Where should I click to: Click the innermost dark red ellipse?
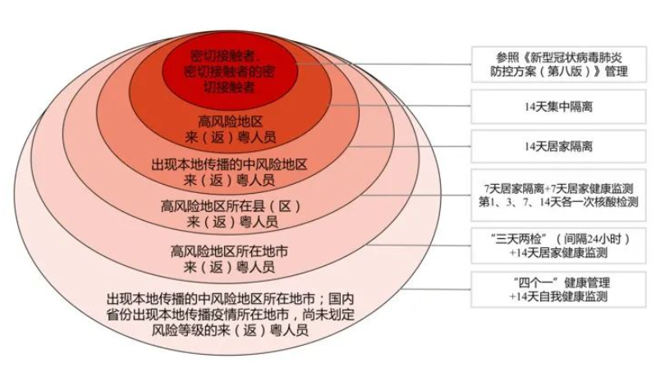tap(230, 71)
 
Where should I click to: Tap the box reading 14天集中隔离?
tap(558, 107)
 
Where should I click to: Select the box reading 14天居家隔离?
tap(558, 146)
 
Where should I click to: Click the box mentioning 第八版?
tap(558, 64)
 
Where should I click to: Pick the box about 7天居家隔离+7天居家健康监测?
tap(558, 195)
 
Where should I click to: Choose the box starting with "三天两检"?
tap(558, 246)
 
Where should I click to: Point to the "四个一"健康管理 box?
tap(558, 290)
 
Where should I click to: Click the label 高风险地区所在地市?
tap(229, 251)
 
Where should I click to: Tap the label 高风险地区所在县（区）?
tap(232, 206)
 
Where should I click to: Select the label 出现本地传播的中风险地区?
tap(229, 164)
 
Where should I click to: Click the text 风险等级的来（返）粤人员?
tap(230, 330)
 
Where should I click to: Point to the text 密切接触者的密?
tap(230, 71)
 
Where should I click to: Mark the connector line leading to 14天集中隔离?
tap(400, 106)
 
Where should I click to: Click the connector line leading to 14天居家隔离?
tap(410, 146)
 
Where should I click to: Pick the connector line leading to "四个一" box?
tap(437, 290)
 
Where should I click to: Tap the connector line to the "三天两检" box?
tap(419, 246)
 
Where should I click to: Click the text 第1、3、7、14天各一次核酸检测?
tap(558, 202)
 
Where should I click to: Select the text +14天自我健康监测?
tap(558, 297)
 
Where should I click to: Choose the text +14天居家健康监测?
tap(558, 253)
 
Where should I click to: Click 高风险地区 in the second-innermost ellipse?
tap(231, 122)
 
